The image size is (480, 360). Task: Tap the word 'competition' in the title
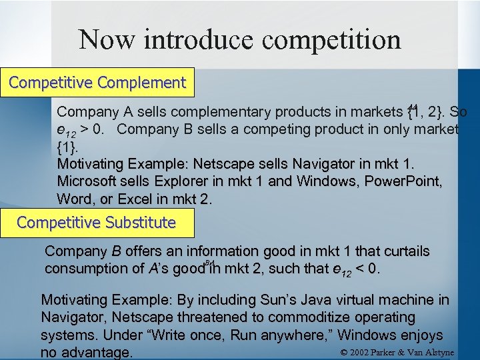331,39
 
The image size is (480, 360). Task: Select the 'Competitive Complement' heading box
97,83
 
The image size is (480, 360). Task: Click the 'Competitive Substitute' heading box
96,222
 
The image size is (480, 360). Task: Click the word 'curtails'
406,251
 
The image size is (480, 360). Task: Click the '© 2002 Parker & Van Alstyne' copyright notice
397,352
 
